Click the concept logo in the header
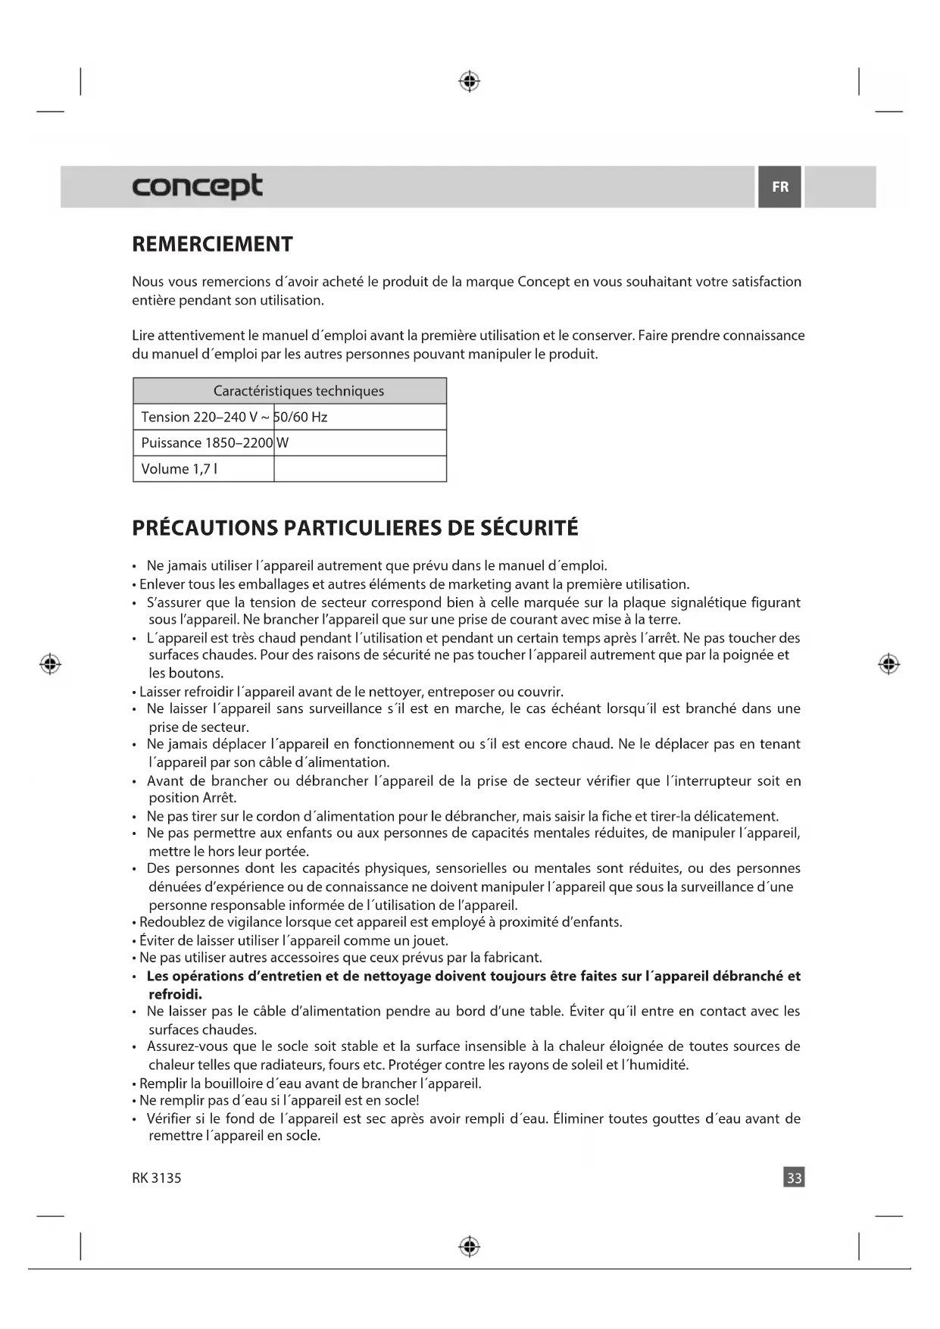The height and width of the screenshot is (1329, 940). click(197, 186)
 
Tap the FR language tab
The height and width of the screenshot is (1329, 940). click(779, 186)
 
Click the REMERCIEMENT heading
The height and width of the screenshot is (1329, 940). click(212, 244)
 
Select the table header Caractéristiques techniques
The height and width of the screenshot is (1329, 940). click(298, 391)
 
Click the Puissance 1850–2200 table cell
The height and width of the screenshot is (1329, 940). click(206, 442)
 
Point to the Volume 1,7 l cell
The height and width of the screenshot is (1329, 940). click(180, 469)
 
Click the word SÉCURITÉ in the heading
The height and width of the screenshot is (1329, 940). click(529, 528)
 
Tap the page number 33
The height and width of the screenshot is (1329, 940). click(794, 1177)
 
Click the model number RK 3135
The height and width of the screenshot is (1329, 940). click(157, 1178)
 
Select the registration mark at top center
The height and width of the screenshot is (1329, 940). click(470, 81)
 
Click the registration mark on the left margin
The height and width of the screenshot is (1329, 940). click(51, 664)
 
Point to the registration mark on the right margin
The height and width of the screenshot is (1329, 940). click(888, 664)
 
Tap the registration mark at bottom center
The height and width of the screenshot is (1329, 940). click(470, 1246)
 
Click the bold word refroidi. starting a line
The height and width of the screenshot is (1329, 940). click(175, 994)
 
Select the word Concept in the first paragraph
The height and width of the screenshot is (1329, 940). click(543, 282)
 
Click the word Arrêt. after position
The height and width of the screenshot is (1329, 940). click(220, 798)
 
